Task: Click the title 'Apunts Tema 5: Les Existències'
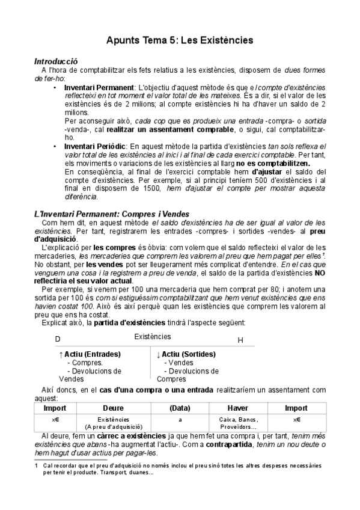[180, 40]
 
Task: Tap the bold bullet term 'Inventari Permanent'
[99, 87]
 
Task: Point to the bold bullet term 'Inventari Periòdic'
[95, 146]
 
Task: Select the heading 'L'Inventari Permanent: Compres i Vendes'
[112, 214]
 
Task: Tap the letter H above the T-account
[240, 340]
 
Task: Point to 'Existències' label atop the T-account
[153, 337]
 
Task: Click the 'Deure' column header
[113, 408]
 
